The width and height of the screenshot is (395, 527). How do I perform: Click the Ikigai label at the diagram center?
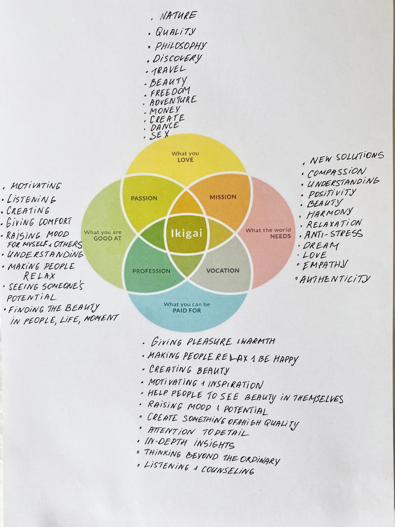pyautogui.click(x=187, y=233)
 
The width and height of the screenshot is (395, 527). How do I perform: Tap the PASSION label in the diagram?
pyautogui.click(x=144, y=198)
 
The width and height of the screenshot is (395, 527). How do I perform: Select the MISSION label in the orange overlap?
pyautogui.click(x=223, y=197)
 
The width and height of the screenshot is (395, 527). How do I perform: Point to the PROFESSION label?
pyautogui.click(x=151, y=271)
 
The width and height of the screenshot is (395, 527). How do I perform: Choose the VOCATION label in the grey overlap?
pyautogui.click(x=223, y=270)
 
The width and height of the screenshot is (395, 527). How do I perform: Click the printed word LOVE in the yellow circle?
pyautogui.click(x=185, y=160)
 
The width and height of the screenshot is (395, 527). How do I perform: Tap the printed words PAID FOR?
pyautogui.click(x=187, y=311)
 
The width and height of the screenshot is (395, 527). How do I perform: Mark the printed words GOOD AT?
pyautogui.click(x=107, y=238)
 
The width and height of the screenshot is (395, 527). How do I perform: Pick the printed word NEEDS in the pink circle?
pyautogui.click(x=280, y=236)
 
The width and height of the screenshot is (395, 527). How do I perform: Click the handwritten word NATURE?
pyautogui.click(x=178, y=16)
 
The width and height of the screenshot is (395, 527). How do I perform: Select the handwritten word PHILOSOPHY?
pyautogui.click(x=181, y=45)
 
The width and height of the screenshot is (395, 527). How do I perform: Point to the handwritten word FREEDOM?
pyautogui.click(x=170, y=92)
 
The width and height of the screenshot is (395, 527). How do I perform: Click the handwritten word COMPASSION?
pyautogui.click(x=336, y=172)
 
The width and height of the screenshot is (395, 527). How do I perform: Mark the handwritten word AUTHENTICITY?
pyautogui.click(x=335, y=280)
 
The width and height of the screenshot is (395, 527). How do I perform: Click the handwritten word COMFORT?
pyautogui.click(x=55, y=222)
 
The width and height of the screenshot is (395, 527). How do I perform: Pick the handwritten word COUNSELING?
pyautogui.click(x=227, y=470)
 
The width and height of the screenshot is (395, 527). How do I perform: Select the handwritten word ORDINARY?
pyautogui.click(x=260, y=460)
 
